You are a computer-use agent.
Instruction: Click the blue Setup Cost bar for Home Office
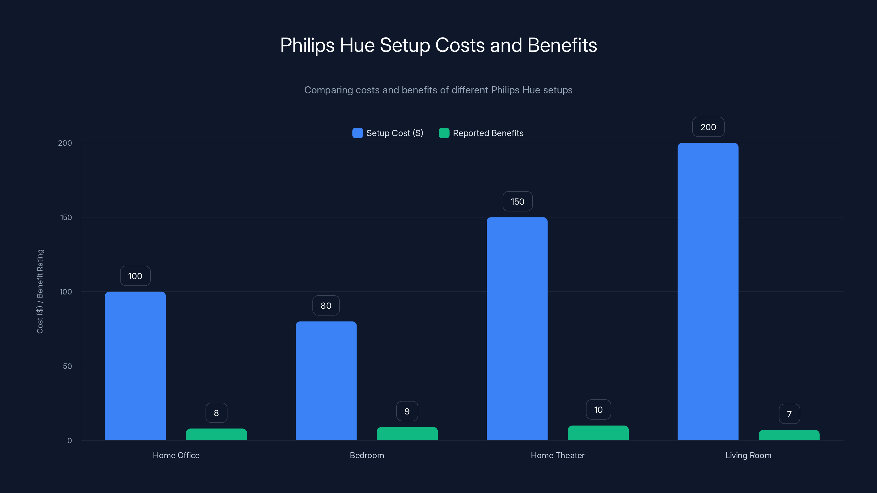click(135, 366)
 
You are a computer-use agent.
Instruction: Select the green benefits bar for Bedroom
click(407, 434)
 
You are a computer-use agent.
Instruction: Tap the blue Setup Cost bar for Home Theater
click(517, 329)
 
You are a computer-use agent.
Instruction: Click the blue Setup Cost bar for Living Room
click(708, 292)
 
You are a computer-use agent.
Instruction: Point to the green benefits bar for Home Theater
click(598, 433)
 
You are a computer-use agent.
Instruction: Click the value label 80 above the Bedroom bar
click(326, 306)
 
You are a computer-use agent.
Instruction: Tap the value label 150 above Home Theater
click(517, 201)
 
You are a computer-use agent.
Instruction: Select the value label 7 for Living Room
click(789, 414)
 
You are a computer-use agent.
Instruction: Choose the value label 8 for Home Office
click(216, 413)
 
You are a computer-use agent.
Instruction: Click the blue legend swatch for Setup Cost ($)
click(357, 133)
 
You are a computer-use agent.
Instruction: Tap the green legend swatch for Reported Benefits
click(444, 133)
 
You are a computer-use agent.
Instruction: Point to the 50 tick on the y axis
click(67, 366)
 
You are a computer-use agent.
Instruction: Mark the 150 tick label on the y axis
click(66, 217)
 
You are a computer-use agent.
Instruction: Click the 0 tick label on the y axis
click(69, 441)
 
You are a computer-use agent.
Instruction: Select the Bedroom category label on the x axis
click(367, 455)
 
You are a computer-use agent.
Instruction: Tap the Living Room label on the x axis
click(748, 455)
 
